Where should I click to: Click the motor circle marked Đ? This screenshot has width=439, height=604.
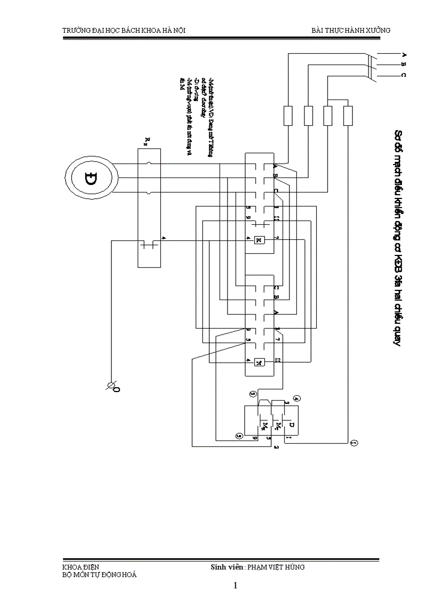pos(91,178)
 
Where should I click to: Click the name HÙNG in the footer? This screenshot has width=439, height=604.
pos(294,567)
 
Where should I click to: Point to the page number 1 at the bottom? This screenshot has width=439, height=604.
pos(235,586)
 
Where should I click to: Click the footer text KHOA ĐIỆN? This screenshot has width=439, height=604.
pos(81,567)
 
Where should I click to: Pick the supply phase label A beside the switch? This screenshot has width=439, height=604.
pos(403,55)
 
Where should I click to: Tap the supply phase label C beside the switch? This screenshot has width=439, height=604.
pos(403,75)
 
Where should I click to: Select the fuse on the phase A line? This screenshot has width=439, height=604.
pos(288,116)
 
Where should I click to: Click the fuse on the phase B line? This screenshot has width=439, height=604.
pos(308,116)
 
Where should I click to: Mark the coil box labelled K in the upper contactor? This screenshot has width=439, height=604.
pos(259,239)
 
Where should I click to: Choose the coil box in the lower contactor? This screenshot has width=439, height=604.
pos(259,361)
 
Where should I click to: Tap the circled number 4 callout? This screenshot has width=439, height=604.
pos(297,399)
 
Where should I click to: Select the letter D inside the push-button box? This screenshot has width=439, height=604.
pos(291,425)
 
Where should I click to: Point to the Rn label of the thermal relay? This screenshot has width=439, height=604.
pos(147,141)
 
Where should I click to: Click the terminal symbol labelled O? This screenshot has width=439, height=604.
pos(113,386)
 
